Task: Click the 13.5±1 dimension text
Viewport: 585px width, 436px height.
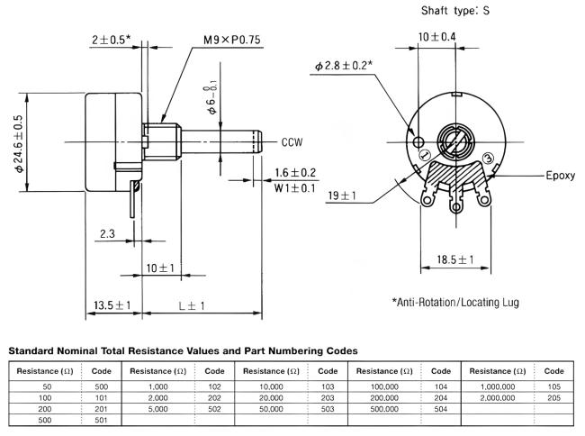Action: click(x=112, y=306)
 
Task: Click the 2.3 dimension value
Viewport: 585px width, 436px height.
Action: click(x=107, y=234)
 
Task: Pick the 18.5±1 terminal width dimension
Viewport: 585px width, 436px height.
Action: click(x=455, y=259)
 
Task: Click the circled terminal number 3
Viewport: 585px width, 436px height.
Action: click(x=489, y=158)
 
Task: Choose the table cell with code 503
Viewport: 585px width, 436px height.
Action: click(x=328, y=408)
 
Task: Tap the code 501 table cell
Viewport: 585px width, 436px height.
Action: click(x=100, y=420)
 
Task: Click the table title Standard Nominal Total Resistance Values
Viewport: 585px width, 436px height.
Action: click(x=183, y=350)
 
